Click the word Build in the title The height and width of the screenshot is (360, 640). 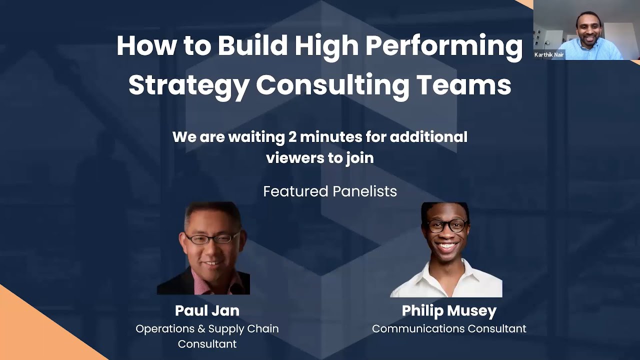(252, 46)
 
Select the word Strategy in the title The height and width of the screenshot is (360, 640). (188, 85)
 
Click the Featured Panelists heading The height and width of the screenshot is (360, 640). (330, 191)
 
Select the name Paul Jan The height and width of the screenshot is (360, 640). (207, 310)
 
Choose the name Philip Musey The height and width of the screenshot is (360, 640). (449, 310)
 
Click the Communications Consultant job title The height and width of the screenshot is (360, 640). (449, 329)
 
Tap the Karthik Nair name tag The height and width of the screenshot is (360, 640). (549, 55)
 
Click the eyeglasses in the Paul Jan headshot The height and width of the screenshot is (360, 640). (212, 238)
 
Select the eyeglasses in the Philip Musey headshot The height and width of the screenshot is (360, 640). (446, 225)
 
